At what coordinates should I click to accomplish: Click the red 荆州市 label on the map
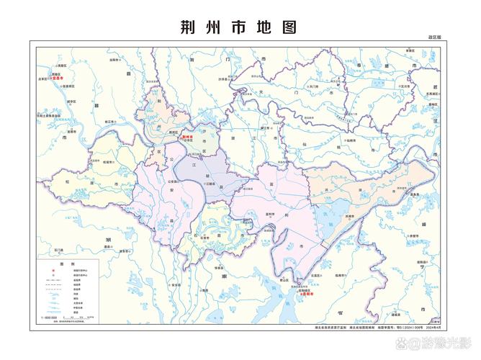pyautogui.click(x=189, y=136)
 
